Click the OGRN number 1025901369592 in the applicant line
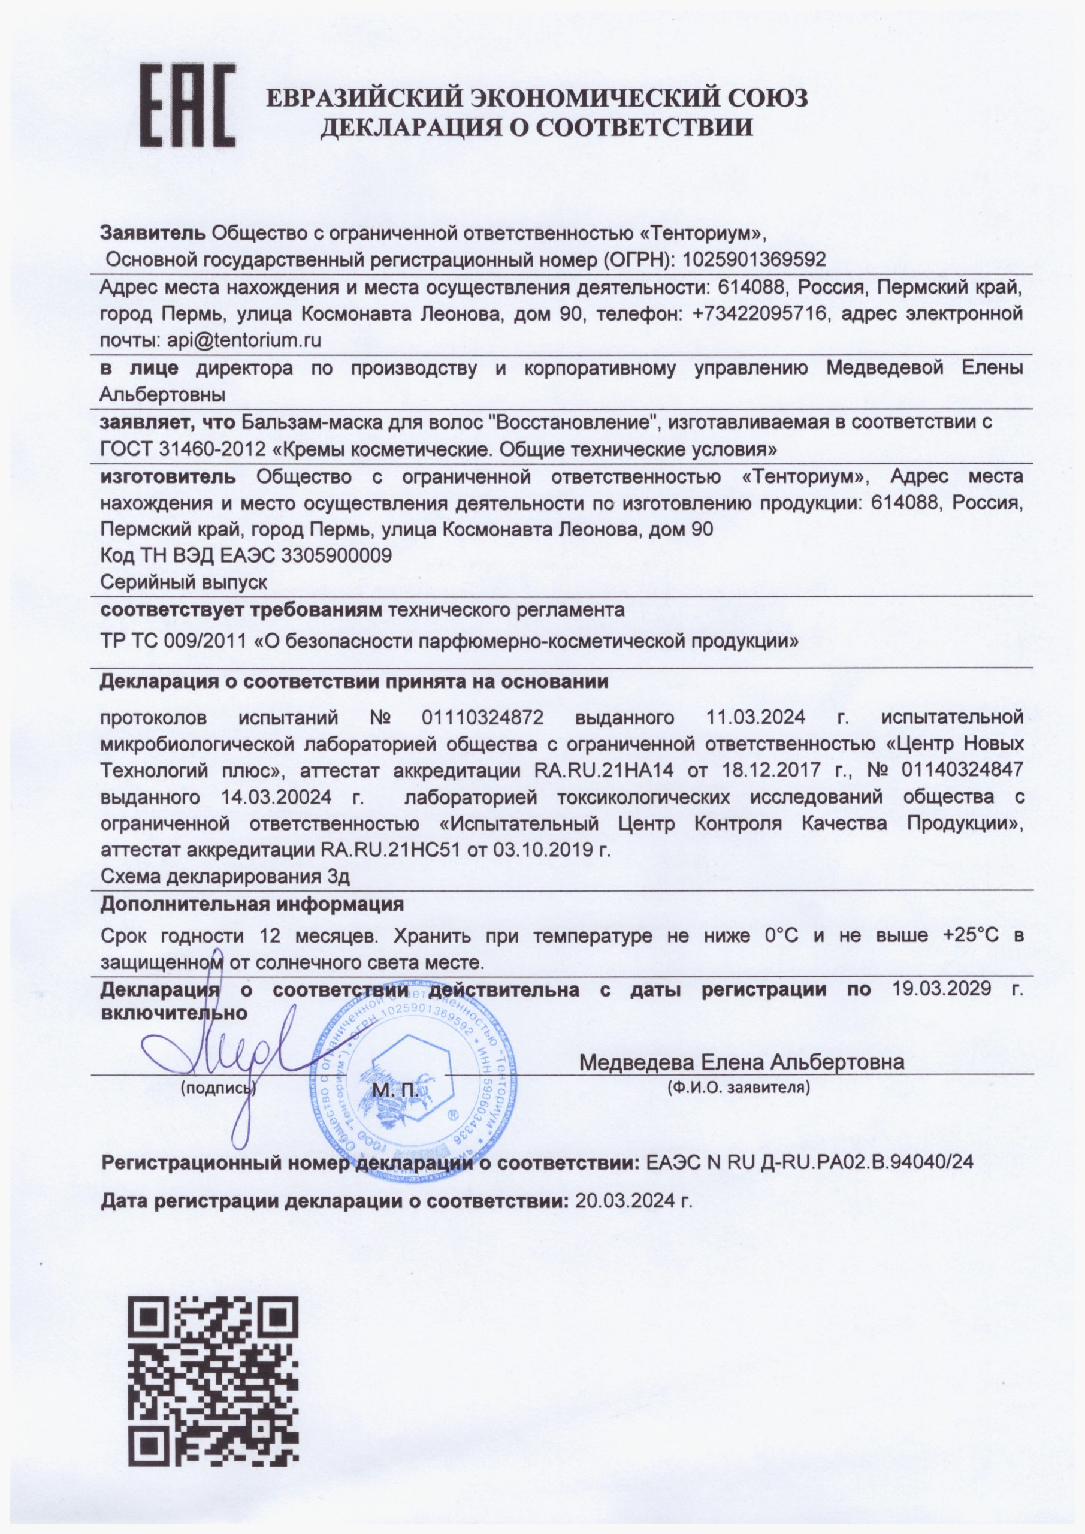coord(752,259)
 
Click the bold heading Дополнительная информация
coord(252,905)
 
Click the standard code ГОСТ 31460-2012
coord(180,448)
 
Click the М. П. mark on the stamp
coord(395,1091)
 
